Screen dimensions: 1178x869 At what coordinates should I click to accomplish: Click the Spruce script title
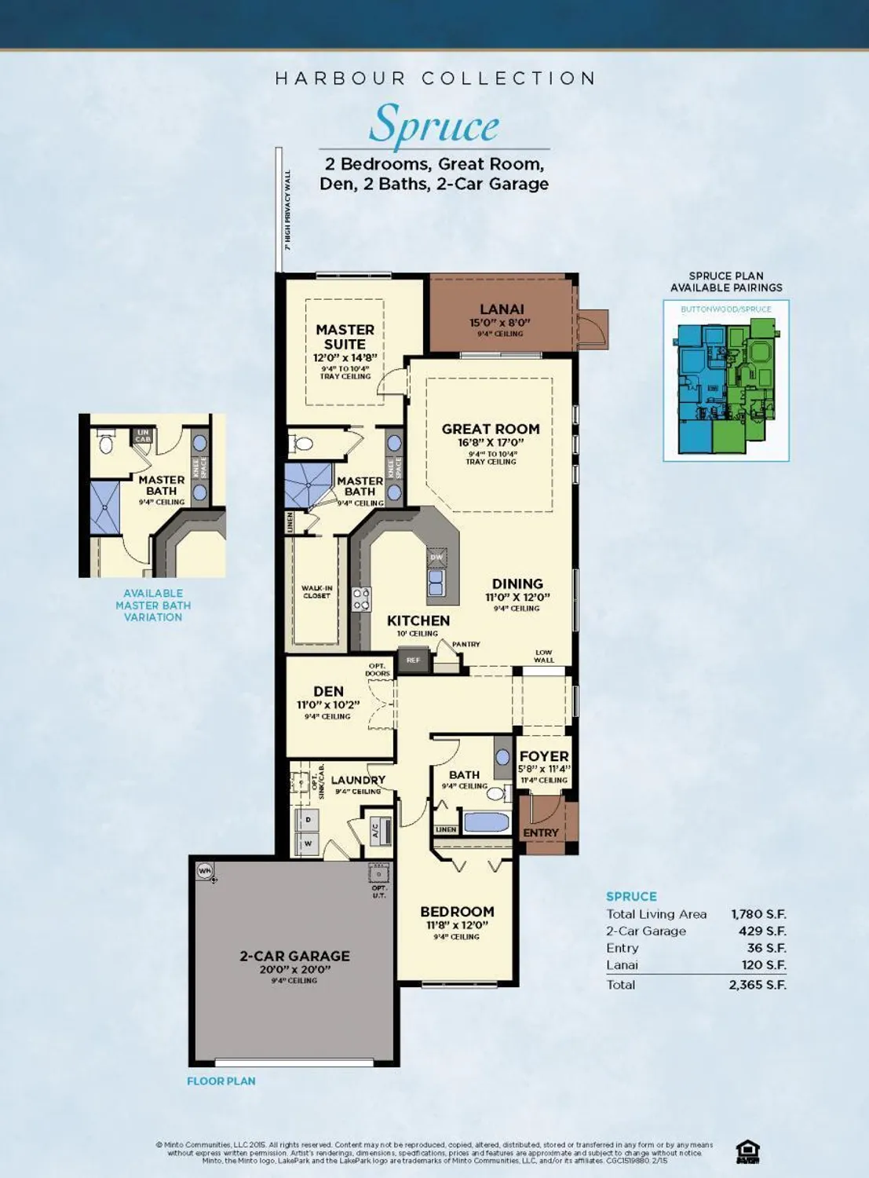434,125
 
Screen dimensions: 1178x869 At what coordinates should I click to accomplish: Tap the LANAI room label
502,309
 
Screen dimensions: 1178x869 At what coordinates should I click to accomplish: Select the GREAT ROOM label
491,429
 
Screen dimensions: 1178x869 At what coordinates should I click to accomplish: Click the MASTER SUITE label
345,337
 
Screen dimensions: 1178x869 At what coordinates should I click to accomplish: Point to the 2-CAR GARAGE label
294,956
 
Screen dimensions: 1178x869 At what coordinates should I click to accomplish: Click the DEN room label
328,691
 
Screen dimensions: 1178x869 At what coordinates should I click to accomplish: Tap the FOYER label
544,756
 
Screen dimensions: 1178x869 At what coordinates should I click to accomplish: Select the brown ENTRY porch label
541,832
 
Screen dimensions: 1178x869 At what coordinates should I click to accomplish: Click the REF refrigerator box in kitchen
413,660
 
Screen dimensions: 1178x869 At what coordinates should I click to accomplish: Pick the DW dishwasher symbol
436,557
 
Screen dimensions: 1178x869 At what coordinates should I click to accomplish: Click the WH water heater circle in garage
205,871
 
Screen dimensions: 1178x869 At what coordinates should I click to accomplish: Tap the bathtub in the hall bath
487,822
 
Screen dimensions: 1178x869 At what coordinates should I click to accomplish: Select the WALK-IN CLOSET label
317,591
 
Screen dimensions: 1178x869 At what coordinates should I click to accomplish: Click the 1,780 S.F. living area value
758,914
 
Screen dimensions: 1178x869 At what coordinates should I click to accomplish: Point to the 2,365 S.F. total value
758,985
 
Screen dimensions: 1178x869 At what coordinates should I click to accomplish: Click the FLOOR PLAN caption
221,1081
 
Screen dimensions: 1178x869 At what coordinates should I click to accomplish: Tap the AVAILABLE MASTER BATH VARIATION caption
153,605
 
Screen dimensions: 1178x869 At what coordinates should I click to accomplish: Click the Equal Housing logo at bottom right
747,1152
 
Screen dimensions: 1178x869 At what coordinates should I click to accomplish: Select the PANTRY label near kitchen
466,644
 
